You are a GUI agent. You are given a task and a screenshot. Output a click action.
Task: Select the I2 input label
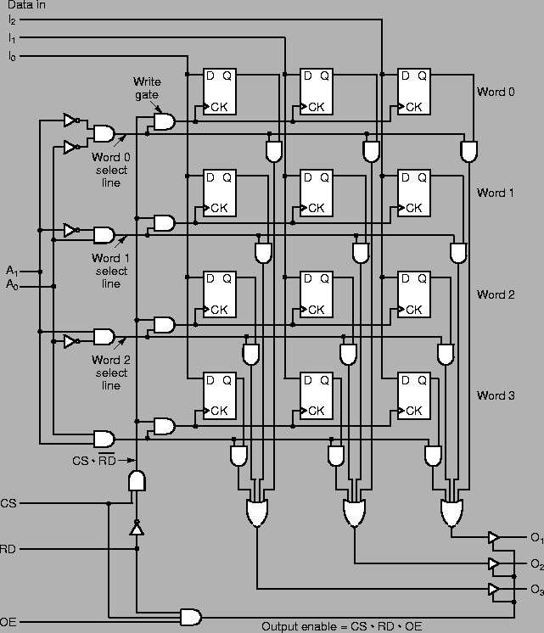click(x=11, y=20)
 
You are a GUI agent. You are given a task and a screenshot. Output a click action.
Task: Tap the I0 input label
click(x=11, y=56)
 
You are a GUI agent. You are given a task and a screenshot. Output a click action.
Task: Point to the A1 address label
click(x=11, y=272)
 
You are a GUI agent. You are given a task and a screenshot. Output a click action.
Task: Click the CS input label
click(x=8, y=503)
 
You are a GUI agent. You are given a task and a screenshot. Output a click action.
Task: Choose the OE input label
click(x=8, y=622)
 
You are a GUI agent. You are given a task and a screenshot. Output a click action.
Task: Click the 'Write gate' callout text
click(x=146, y=88)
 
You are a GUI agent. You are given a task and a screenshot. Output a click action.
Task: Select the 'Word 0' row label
click(x=495, y=92)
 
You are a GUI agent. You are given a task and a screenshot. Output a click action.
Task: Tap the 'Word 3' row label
click(x=495, y=396)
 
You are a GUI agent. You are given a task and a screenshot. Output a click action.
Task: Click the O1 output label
click(x=536, y=538)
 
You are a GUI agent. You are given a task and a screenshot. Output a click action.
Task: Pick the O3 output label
click(x=536, y=590)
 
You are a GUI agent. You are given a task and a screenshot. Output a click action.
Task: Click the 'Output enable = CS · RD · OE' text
click(x=340, y=627)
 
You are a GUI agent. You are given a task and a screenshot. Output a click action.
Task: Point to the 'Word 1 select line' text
click(x=110, y=271)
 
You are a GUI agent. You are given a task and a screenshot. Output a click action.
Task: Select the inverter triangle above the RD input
click(x=136, y=529)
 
